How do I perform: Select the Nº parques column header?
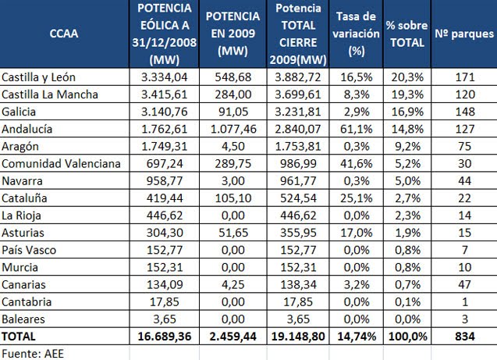pyautogui.click(x=463, y=34)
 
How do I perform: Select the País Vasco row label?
pyautogui.click(x=29, y=249)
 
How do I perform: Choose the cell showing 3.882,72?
pyautogui.click(x=298, y=78)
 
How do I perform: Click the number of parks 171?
pyautogui.click(x=463, y=78)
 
